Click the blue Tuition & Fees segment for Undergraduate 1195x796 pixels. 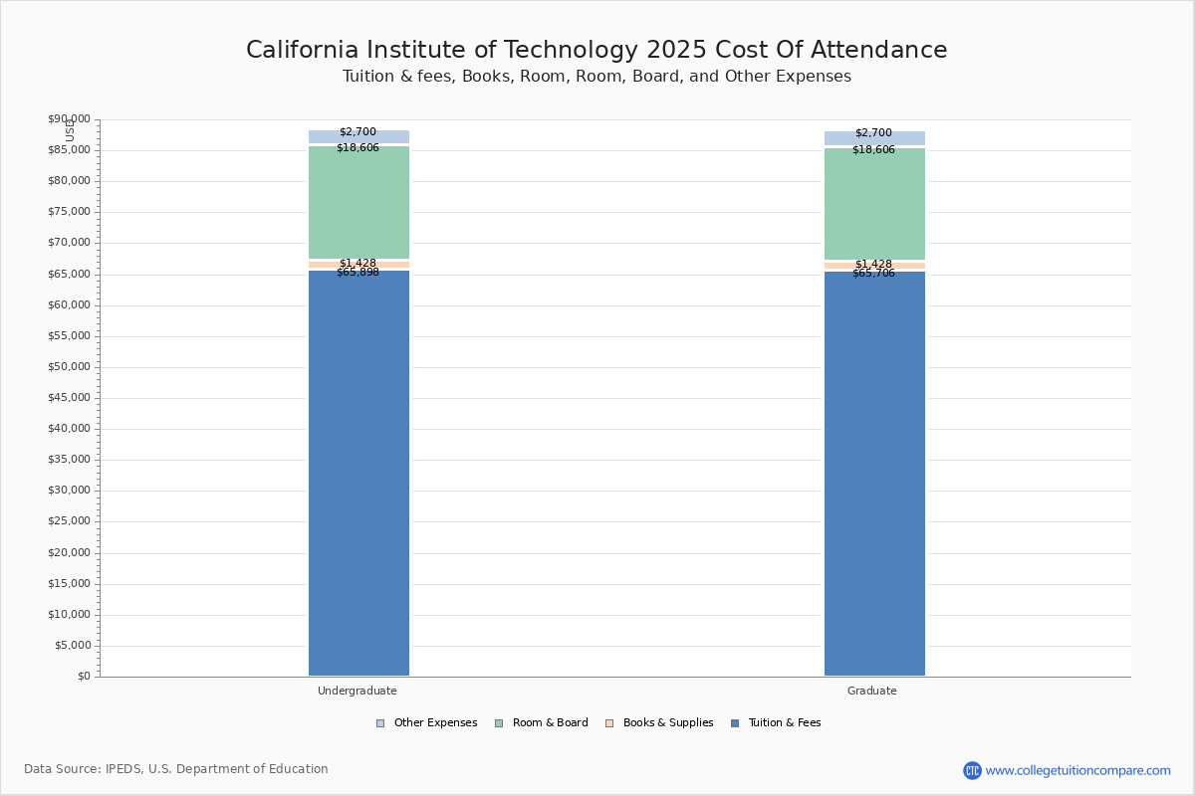(358, 473)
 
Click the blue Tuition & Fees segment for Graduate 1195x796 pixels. (874, 473)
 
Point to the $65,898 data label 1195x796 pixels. (358, 273)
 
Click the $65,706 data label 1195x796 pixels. (873, 274)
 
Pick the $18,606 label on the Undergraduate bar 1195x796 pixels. (358, 148)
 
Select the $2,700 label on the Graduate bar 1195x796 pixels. (873, 133)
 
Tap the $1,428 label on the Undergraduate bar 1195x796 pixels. (358, 264)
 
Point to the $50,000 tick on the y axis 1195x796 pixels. (69, 367)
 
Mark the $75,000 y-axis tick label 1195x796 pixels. (69, 212)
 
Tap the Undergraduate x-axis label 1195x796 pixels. (358, 691)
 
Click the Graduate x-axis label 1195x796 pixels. (872, 691)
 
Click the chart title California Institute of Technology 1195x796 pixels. (597, 51)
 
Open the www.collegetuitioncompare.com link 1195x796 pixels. (1077, 770)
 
